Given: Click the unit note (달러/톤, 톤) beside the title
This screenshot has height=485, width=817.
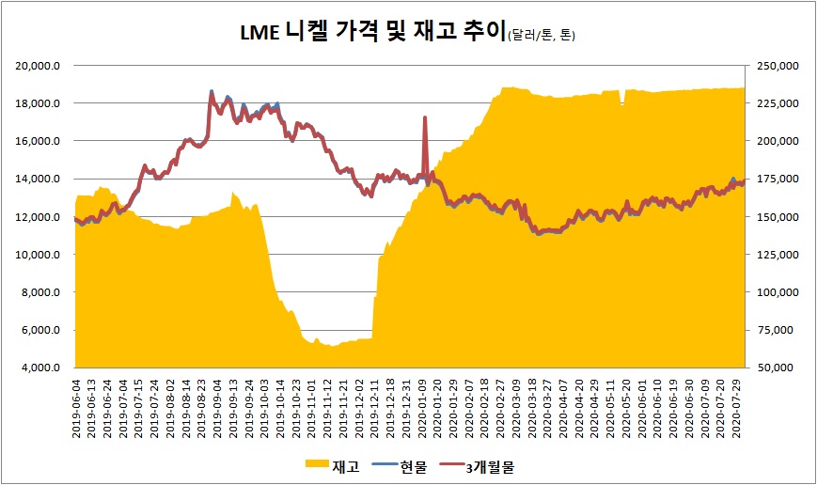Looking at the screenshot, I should tap(541, 36).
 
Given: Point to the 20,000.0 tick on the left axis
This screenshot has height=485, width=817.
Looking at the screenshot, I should tap(40, 66).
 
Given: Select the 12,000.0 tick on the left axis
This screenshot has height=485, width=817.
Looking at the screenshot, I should tap(40, 217).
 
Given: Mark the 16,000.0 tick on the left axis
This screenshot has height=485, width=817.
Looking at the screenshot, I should tap(40, 141).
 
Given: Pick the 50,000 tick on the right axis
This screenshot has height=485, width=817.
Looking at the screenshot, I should tap(778, 368).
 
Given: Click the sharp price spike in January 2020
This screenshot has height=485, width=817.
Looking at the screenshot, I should tap(425, 118).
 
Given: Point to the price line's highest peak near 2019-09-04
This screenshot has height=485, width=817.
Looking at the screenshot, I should tap(212, 92).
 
